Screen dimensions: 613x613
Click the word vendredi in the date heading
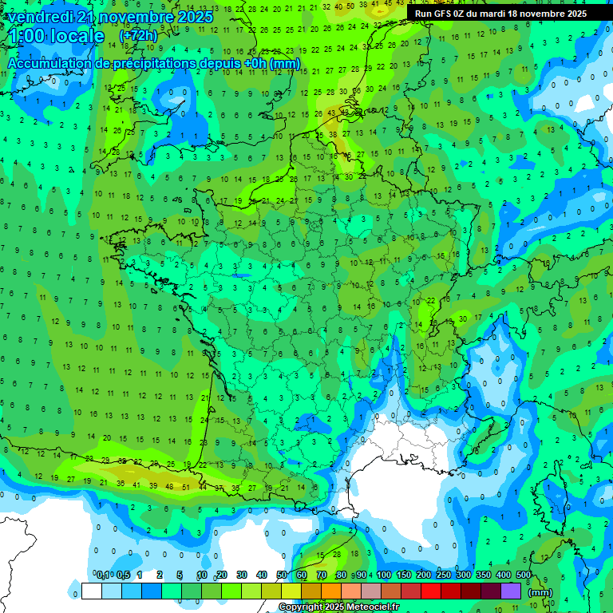[42, 17]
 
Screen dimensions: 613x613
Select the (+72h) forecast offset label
[138, 37]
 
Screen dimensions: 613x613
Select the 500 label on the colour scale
[524, 575]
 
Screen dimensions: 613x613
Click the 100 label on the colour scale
[384, 575]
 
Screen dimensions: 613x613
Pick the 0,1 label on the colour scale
[103, 575]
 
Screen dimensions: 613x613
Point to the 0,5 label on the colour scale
[123, 575]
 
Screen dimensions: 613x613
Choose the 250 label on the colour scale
[444, 575]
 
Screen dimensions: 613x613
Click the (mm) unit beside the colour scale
[540, 592]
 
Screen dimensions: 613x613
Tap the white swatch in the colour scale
[91, 591]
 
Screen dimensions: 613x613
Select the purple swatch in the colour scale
[511, 591]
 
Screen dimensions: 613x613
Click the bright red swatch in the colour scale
[431, 591]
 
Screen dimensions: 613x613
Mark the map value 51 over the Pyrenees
[186, 486]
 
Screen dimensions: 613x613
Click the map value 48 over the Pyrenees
[168, 486]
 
